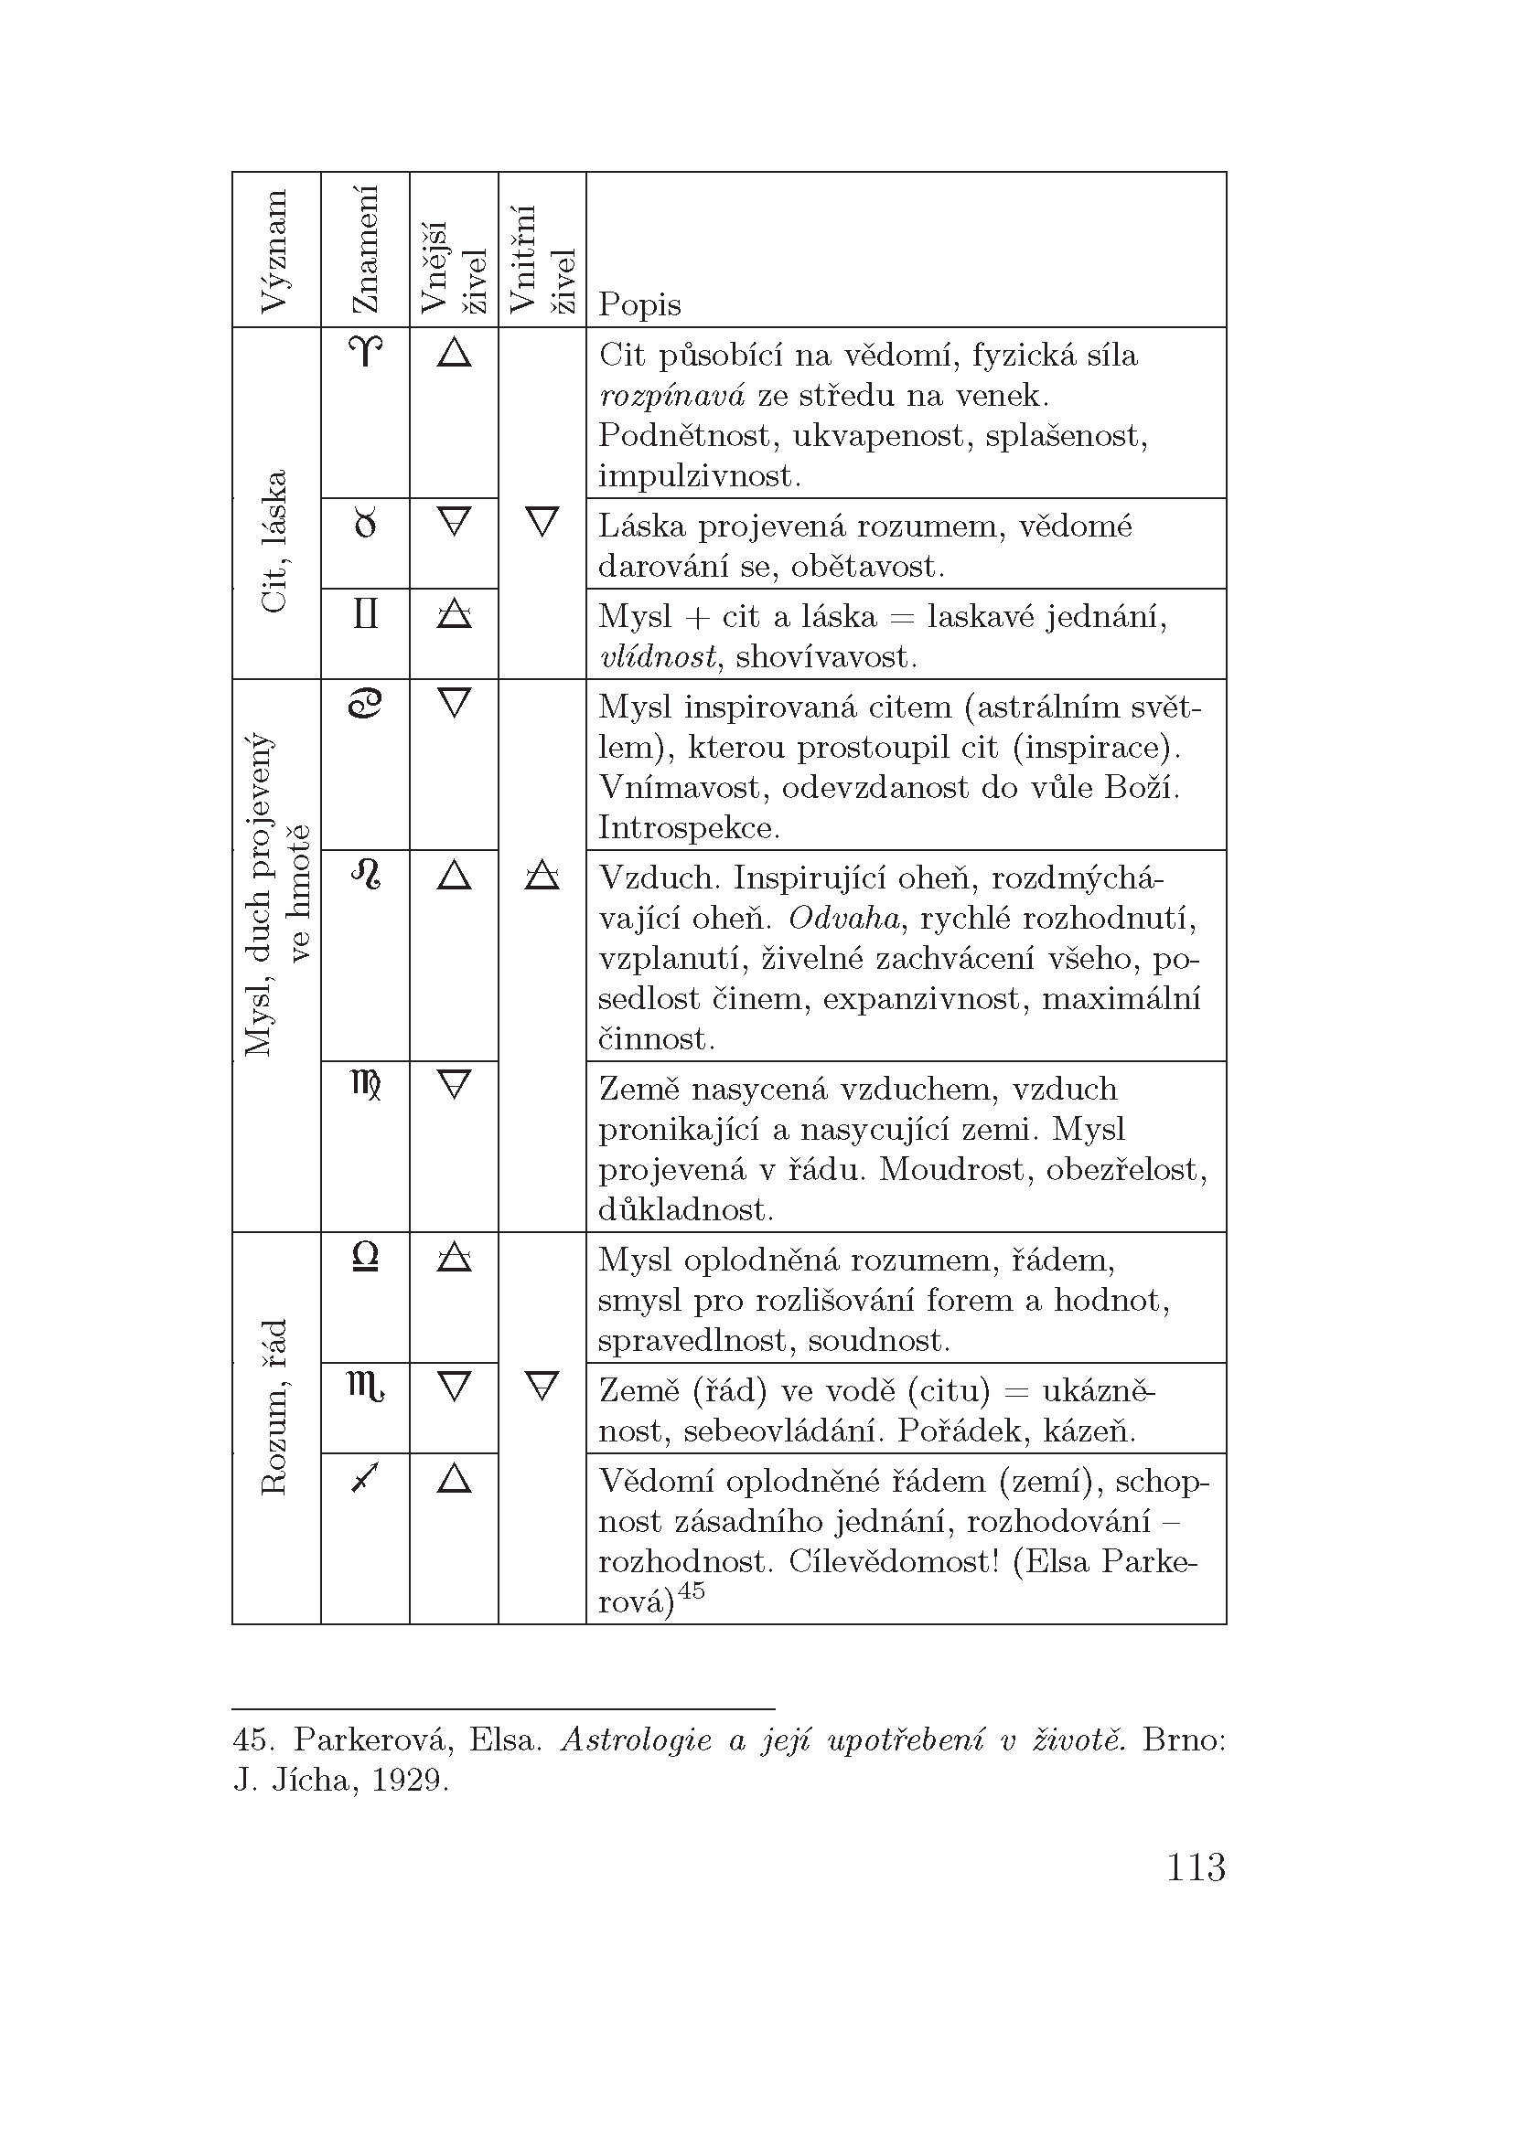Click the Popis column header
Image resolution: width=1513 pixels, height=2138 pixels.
[639, 304]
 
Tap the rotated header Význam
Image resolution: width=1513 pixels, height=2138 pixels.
[275, 251]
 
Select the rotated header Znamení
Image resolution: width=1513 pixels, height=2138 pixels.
[365, 250]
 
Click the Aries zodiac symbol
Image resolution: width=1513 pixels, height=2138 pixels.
[365, 352]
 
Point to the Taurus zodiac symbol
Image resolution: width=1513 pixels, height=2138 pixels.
[365, 525]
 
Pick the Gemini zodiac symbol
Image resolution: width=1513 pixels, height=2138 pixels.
[365, 614]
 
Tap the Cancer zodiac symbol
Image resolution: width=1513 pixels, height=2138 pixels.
[365, 704]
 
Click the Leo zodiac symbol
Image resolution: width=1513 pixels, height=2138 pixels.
[365, 876]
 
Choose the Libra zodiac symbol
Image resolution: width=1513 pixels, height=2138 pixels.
[365, 1257]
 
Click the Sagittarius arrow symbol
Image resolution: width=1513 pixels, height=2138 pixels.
[365, 1478]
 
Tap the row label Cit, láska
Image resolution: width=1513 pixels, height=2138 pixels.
[275, 542]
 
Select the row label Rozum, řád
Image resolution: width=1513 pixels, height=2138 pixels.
[275, 1407]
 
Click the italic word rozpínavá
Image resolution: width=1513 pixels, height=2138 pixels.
[671, 397]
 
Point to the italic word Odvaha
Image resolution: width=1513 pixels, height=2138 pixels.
[844, 919]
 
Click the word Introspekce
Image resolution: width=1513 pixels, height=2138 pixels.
[689, 828]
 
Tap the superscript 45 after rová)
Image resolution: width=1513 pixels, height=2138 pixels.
[691, 1590]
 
